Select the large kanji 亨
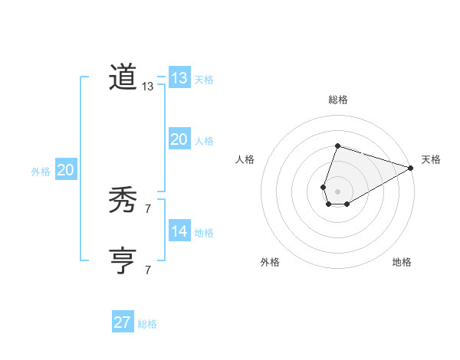coord(123,260)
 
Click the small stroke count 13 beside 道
coord(148,87)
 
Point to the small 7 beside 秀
coord(148,208)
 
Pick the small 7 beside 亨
coord(148,270)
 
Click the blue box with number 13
coord(179,78)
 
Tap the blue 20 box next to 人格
coord(179,139)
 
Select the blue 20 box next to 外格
coord(65,170)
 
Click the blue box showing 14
coord(179,231)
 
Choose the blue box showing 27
coord(122,322)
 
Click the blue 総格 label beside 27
coord(147,324)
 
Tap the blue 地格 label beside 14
coord(204,233)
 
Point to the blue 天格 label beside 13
coord(204,80)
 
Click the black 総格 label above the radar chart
coord(337,100)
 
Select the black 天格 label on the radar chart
coord(431,159)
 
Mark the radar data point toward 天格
coord(411,169)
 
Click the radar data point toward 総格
coord(337,146)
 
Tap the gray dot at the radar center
coord(337,190)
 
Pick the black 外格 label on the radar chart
coord(270,262)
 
